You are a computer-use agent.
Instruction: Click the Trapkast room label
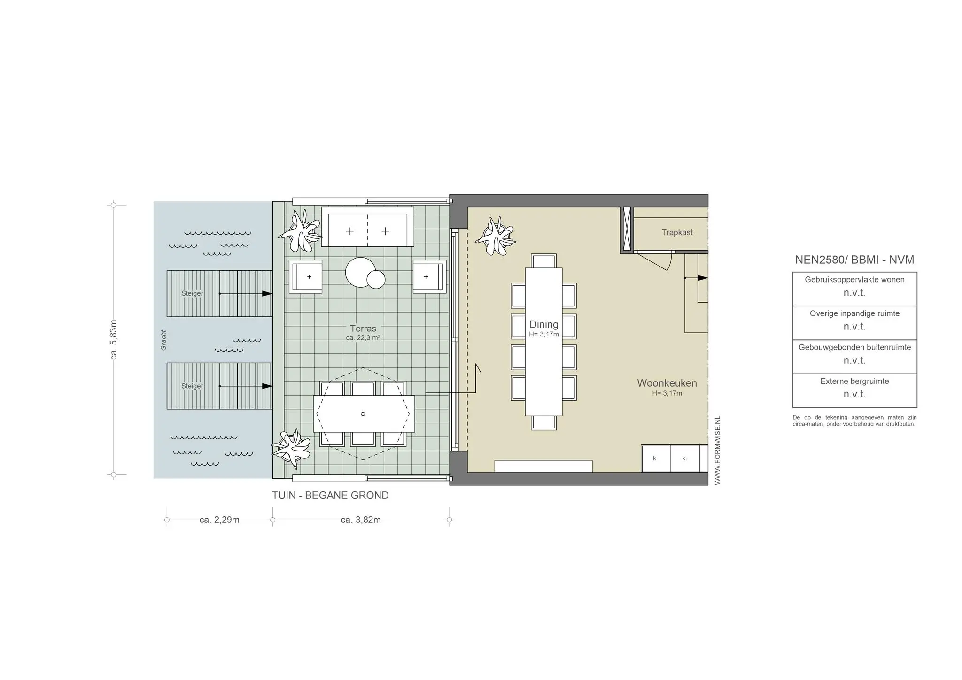tap(677, 232)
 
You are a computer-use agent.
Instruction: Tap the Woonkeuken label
tap(667, 383)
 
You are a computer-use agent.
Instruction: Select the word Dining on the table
tap(543, 324)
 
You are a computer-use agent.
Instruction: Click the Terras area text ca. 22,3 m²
tap(363, 338)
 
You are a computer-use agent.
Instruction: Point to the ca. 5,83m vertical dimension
tap(114, 340)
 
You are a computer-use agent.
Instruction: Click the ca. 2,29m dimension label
tap(219, 520)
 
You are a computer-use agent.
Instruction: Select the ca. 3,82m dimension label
tap(361, 520)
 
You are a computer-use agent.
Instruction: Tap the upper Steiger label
tap(192, 293)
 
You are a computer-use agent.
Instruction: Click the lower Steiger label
tap(192, 386)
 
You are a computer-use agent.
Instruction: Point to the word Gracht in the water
tap(163, 340)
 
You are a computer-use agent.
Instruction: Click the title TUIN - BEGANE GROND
tap(330, 495)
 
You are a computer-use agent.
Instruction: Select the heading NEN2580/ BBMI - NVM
tap(854, 260)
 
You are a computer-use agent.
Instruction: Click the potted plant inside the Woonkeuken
tap(496, 236)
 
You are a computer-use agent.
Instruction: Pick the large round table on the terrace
tap(360, 272)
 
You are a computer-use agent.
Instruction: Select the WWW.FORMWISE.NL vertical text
tap(717, 450)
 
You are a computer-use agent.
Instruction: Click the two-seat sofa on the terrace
tap(367, 228)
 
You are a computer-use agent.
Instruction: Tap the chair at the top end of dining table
tap(543, 261)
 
